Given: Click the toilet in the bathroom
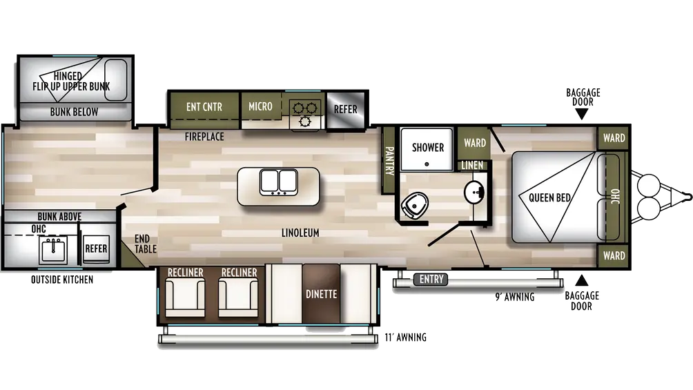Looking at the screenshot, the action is point(415,206).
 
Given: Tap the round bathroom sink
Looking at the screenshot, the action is point(474,193).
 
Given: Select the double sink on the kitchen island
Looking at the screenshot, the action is point(279,182).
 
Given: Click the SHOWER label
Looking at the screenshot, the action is point(428,147).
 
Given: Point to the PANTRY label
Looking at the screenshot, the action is point(389,161).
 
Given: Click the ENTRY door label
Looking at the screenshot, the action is point(431,279).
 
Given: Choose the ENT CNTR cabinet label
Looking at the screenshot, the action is point(204,106).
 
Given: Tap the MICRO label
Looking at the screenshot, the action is point(260,106).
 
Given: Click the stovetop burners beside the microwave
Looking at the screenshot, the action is point(305,115).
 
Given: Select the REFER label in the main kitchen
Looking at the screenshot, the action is point(346,109).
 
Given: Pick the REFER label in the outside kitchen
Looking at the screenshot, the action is point(97,248).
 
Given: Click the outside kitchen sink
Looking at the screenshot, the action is point(53,250).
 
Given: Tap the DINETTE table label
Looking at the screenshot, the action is point(322,294).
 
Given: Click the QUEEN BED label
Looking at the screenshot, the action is point(550,197).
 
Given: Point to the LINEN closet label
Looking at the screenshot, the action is point(472,166).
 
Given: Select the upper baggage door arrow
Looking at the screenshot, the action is point(582,114).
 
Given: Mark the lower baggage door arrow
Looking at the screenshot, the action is point(582,280).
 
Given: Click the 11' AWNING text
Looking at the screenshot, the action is point(405,338).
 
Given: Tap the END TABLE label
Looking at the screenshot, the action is point(146,244).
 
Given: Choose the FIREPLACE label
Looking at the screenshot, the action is point(204,137).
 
